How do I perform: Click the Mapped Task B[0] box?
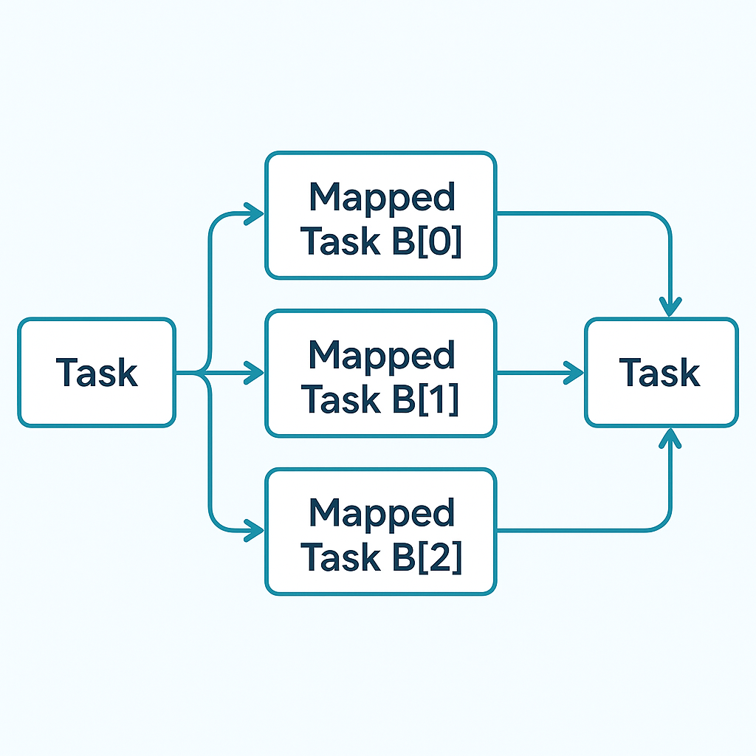[x=380, y=216]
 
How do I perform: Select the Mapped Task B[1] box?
[x=380, y=373]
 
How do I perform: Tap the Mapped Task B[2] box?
[x=380, y=531]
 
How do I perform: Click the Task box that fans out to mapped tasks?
[x=97, y=372]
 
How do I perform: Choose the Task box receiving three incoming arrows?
[x=661, y=372]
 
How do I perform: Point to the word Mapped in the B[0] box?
[x=382, y=197]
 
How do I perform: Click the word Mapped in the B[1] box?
[x=382, y=355]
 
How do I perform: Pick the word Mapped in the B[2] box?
[x=382, y=512]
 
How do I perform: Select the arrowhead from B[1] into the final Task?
[x=574, y=373]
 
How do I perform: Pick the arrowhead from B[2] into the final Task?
[x=670, y=439]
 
